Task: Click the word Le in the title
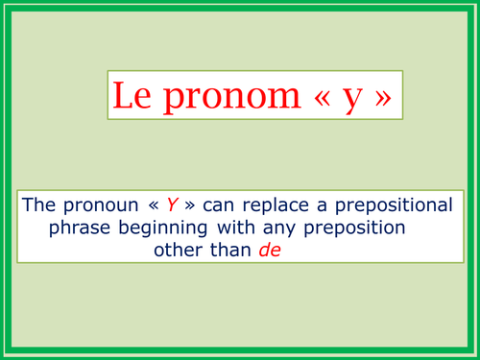[129, 96]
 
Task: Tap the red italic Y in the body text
[173, 204]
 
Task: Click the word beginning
[159, 228]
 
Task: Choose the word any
[276, 228]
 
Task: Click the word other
[177, 251]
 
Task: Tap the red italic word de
[275, 251]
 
